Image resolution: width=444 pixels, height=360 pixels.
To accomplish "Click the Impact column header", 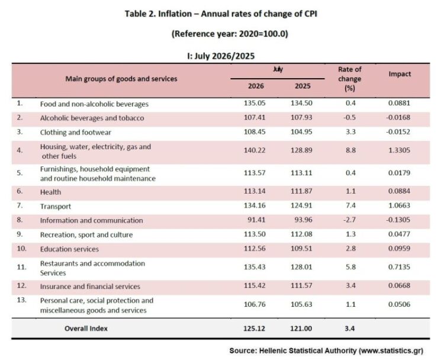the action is (400, 74).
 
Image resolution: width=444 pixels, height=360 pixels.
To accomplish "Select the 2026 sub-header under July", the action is (256, 86).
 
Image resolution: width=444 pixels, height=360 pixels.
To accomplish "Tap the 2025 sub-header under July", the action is (303, 86).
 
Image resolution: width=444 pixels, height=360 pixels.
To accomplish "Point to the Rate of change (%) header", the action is (350, 79).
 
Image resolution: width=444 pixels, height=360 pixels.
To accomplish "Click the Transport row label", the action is (56, 206).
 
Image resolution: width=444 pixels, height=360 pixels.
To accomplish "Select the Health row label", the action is (50, 192).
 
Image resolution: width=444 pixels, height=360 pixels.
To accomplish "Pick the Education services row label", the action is (69, 249).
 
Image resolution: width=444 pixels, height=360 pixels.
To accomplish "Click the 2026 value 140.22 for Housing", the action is (255, 150).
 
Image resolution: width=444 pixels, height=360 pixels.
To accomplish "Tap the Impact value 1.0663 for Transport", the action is (399, 205).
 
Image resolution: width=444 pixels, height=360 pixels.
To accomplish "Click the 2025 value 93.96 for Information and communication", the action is (303, 220).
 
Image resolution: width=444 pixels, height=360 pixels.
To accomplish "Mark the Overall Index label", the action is (86, 329).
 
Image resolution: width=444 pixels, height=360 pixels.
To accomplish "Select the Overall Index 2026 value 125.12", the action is (255, 329).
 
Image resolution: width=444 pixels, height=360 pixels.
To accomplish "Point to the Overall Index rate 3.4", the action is (350, 329).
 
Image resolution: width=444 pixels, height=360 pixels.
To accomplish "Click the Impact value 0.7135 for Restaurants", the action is (399, 267).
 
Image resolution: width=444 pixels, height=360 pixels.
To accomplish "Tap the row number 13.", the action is (21, 300).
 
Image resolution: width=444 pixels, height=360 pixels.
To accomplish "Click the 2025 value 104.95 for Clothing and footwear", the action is (301, 132).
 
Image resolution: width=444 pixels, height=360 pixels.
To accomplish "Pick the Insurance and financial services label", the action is (90, 287).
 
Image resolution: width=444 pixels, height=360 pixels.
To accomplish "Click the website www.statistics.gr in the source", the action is (391, 351).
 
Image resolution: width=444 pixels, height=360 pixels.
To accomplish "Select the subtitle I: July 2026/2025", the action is (221, 56).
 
